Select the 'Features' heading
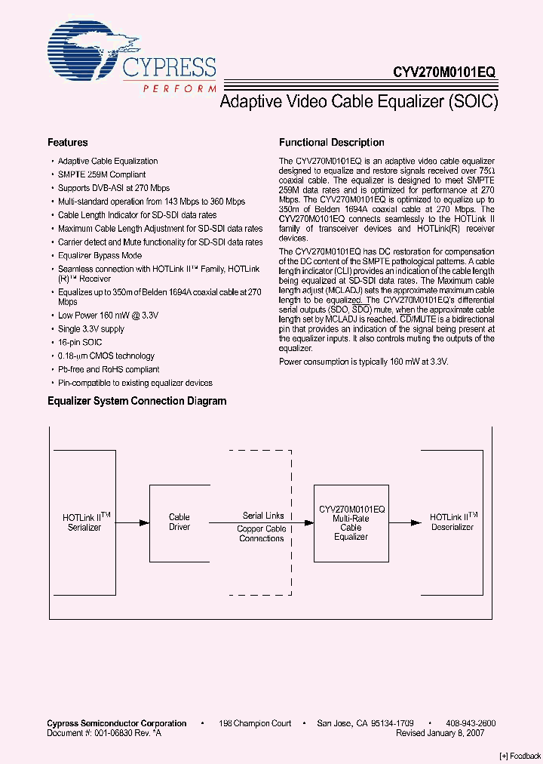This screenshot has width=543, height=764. (x=67, y=143)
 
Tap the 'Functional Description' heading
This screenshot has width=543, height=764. (x=331, y=143)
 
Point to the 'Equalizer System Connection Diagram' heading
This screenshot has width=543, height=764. (x=137, y=402)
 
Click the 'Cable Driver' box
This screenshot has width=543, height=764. (x=179, y=522)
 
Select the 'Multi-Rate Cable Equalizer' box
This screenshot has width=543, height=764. (x=351, y=522)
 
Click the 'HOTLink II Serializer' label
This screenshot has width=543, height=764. (x=85, y=522)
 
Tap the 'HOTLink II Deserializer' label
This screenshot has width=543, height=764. (x=452, y=522)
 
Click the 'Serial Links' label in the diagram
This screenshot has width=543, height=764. (x=263, y=516)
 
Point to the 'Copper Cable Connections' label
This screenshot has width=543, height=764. (x=262, y=534)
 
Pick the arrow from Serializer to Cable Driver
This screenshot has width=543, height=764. (x=133, y=522)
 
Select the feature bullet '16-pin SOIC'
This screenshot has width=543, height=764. (x=80, y=343)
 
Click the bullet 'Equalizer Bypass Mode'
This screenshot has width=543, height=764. (x=100, y=256)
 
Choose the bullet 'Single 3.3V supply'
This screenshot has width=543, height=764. (x=91, y=329)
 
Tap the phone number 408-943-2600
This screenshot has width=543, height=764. (x=471, y=723)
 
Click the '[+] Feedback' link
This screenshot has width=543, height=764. (x=520, y=756)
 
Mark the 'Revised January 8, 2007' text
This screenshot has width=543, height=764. (x=440, y=732)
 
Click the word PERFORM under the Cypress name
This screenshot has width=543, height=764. (x=179, y=88)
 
